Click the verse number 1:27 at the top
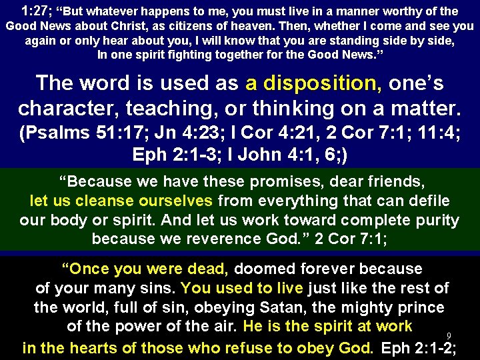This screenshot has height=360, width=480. pos(35,11)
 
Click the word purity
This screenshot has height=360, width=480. pos(436,220)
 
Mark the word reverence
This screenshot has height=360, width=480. pos(219,239)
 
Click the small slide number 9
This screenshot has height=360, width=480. pos(449,335)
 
